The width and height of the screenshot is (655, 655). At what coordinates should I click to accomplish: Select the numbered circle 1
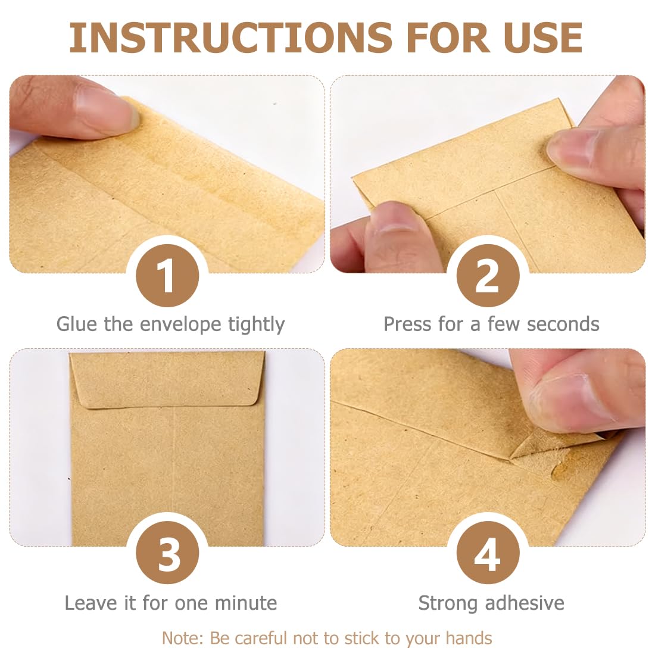pyautogui.click(x=167, y=276)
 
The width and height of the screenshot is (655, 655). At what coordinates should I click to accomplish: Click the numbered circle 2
pyautogui.click(x=488, y=276)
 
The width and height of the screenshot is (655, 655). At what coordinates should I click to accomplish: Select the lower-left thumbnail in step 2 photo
pyautogui.click(x=395, y=217)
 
